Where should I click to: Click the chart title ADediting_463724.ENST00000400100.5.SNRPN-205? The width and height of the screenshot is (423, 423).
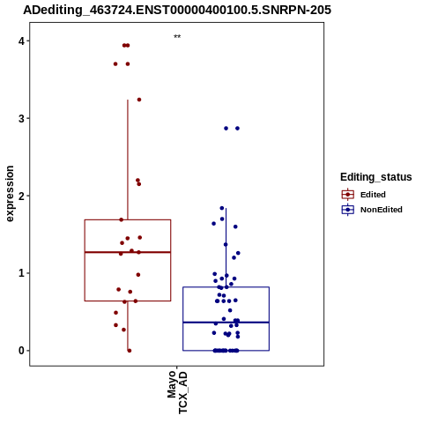coord(177,10)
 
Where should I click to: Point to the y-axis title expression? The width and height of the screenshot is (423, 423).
coord(10,194)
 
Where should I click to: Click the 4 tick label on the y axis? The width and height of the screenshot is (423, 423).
coord(21,41)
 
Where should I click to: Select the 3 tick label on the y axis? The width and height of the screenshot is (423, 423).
coord(21,119)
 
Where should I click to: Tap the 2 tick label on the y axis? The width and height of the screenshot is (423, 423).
coord(21,196)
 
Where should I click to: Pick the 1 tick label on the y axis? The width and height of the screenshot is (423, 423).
coord(21,273)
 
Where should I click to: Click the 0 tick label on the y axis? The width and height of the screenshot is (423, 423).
coord(21,351)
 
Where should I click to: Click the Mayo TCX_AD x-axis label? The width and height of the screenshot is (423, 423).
coord(177,392)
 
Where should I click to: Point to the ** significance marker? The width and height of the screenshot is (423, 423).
coord(177,36)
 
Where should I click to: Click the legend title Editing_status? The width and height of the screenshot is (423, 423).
coord(376,177)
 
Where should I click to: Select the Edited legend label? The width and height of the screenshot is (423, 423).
coord(373,195)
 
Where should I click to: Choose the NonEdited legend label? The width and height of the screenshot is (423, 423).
coord(382,210)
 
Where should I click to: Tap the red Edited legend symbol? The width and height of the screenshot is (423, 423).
coord(348,195)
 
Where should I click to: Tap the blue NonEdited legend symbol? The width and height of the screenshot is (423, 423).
coord(348,210)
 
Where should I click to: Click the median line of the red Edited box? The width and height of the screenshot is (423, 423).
coord(128,252)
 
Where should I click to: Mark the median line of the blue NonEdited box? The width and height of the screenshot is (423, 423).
coord(226,323)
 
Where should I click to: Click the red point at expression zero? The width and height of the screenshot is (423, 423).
coord(130,351)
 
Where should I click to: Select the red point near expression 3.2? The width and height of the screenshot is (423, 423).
coord(139,100)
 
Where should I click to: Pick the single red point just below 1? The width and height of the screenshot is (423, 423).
coord(138,275)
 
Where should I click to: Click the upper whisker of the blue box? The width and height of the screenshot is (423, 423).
coord(226,248)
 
